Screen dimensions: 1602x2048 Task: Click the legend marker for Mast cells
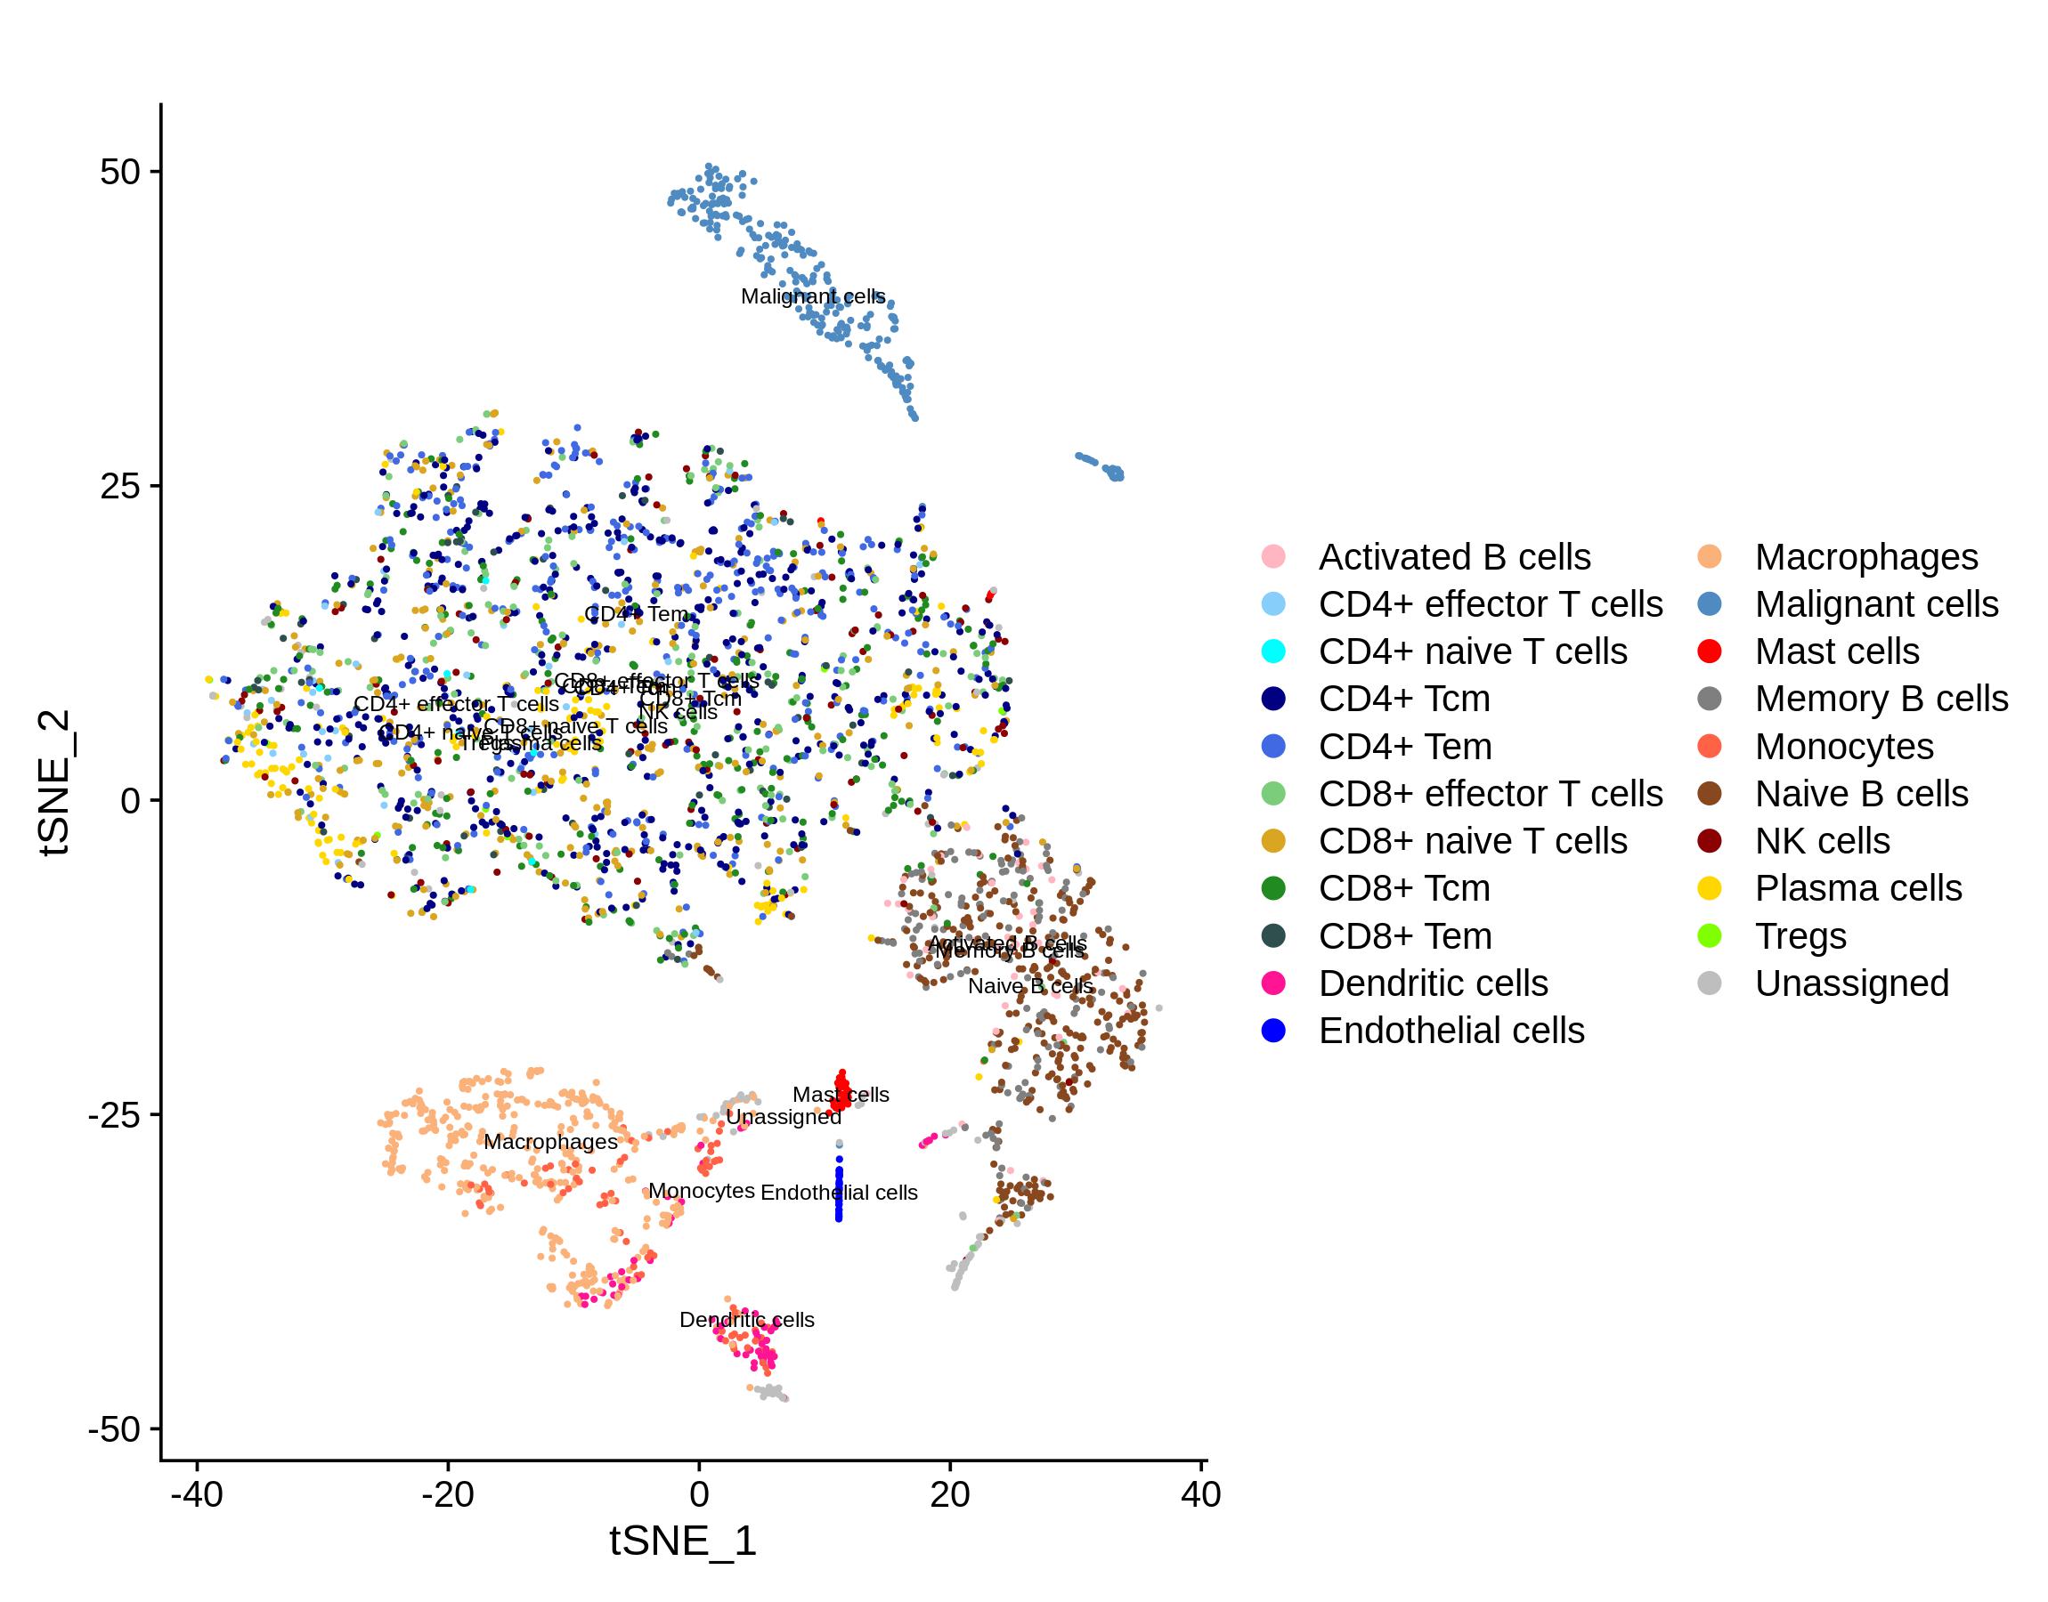[1710, 651]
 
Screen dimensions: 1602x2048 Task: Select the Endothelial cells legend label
[1451, 1031]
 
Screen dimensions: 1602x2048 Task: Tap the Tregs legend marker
[1710, 936]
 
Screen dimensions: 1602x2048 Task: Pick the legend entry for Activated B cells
[1454, 557]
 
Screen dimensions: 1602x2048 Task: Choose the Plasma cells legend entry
[1857, 888]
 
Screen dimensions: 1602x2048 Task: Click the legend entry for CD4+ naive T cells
[1472, 651]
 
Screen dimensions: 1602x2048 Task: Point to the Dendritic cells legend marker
[1273, 983]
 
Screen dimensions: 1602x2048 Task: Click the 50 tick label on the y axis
[119, 172]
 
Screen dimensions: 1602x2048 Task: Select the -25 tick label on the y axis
[112, 1116]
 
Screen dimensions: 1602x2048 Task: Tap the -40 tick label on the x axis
[197, 1494]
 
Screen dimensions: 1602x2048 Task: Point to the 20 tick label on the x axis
[949, 1494]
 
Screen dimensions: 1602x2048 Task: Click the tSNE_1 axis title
[682, 1541]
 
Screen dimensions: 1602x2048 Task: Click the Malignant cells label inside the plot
[812, 296]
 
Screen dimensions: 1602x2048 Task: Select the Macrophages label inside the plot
[550, 1143]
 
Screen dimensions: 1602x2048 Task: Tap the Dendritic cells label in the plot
[747, 1320]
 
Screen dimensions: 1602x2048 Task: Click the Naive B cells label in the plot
[1030, 987]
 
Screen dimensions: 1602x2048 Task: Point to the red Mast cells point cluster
[841, 1090]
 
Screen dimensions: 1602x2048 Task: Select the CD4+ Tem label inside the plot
[636, 614]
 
